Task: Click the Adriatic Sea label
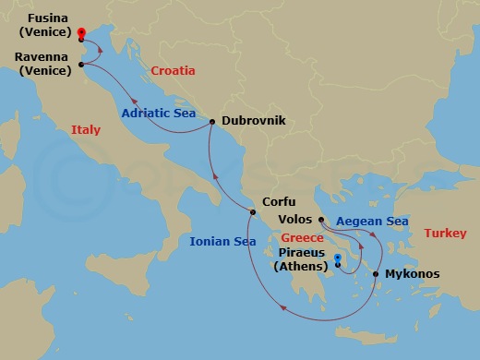point(159,114)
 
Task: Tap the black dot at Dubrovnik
point(212,122)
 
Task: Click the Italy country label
point(86,131)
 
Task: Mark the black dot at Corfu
point(252,214)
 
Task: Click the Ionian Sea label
point(222,243)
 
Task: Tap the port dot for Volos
point(320,221)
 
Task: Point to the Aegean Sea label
point(372,222)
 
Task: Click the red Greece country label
point(302,237)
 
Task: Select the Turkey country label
point(445,234)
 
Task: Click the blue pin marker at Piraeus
point(338,261)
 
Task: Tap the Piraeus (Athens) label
point(303,259)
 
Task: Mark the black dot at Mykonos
point(376,274)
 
